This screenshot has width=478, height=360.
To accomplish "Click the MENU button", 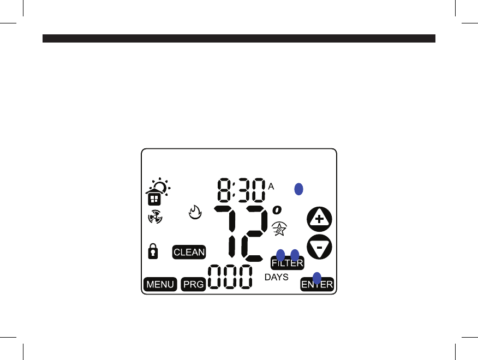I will point(160,284).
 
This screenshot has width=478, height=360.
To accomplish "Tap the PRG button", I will point(193,284).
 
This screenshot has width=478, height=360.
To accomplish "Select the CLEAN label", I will point(189,252).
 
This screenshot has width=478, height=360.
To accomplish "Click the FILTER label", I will point(288,263).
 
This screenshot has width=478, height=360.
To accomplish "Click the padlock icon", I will point(153,251).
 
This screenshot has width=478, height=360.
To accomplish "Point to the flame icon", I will point(195,212).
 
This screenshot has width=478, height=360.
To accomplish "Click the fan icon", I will point(154,217).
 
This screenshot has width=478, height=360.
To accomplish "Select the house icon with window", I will point(153,197).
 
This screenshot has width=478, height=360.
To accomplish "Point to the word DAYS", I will point(276,277).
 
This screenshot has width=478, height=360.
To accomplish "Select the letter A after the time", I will point(271,186).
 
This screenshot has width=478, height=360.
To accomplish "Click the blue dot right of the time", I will point(298,189).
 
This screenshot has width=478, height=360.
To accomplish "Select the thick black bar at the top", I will point(239,39).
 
